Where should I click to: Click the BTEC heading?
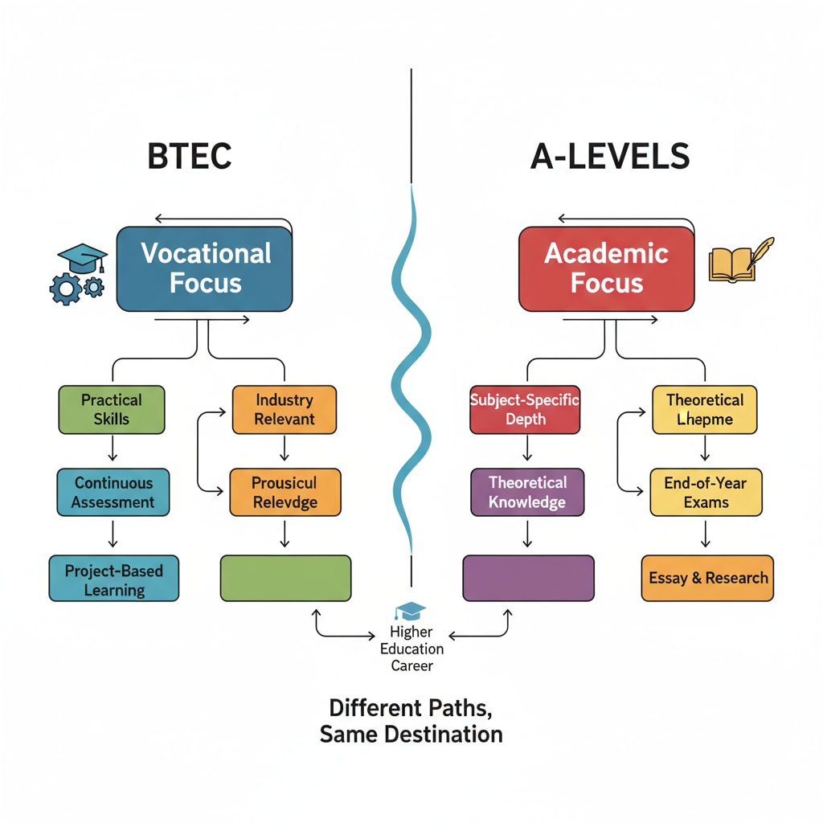click(190, 157)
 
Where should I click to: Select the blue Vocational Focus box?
click(205, 268)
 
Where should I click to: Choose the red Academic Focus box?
click(606, 268)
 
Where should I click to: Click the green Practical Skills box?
click(112, 410)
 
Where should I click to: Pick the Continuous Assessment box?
click(113, 493)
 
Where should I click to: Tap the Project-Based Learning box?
click(113, 579)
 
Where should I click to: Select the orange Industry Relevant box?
click(284, 409)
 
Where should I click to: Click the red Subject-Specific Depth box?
click(525, 410)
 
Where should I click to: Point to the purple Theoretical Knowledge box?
click(527, 493)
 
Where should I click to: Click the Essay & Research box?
click(707, 578)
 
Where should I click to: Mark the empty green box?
click(285, 578)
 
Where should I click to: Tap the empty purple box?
click(528, 578)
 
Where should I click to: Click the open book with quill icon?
click(740, 262)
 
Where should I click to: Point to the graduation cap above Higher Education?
click(411, 612)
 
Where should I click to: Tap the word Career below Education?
click(411, 666)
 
